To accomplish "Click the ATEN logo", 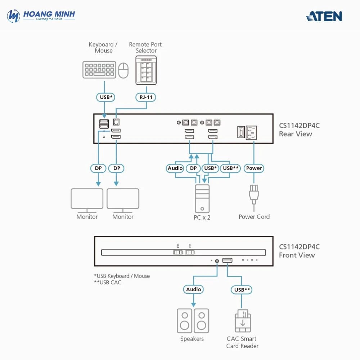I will pyautogui.click(x=324, y=16).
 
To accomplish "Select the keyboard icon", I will pyautogui.click(x=99, y=70).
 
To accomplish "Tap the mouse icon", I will pyautogui.click(x=123, y=70).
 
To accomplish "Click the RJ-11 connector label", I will pyautogui.click(x=146, y=97).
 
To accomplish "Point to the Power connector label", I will pyautogui.click(x=254, y=168).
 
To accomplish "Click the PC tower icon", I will pyautogui.click(x=202, y=198).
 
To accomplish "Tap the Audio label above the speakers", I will pyautogui.click(x=194, y=289).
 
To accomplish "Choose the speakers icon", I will pyautogui.click(x=193, y=320).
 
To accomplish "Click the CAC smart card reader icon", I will pyautogui.click(x=243, y=321).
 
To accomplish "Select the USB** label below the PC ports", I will pyautogui.click(x=231, y=168).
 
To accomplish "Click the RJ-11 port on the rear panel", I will pyautogui.click(x=116, y=122).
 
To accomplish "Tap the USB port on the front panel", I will pyautogui.click(x=227, y=260).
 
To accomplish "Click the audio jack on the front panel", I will pyautogui.click(x=217, y=260).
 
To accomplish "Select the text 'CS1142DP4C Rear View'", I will pyautogui.click(x=299, y=130).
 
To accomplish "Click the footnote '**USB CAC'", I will pyautogui.click(x=108, y=283).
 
